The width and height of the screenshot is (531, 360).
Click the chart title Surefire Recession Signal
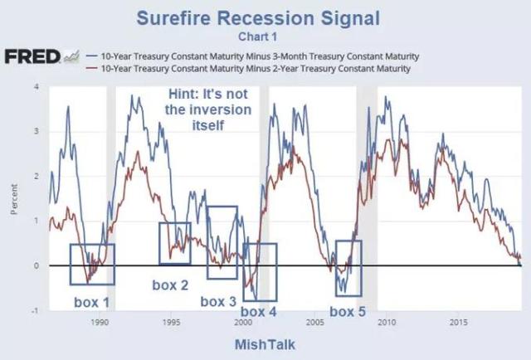[x=265, y=18]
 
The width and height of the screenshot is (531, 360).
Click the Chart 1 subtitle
[x=265, y=36]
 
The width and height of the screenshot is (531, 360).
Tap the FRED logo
[x=32, y=56]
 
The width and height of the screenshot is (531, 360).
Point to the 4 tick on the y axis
[x=37, y=86]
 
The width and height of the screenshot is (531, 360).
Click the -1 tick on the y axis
[x=35, y=310]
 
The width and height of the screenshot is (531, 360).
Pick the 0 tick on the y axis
[x=37, y=265]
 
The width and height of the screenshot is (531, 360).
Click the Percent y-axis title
[x=15, y=200]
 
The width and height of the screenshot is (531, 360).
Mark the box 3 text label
[x=218, y=300]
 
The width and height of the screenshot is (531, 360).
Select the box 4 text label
[x=260, y=311]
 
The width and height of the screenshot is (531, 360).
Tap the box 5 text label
[x=348, y=311]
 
